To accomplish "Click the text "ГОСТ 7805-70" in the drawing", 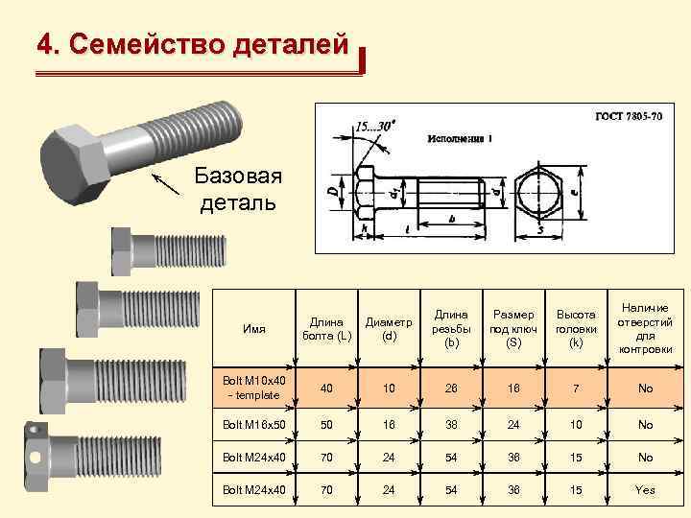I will point(629,116).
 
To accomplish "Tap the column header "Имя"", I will point(254,328).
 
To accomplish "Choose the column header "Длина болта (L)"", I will point(326,328).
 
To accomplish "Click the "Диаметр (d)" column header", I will point(389,328).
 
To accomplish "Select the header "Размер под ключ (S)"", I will point(513,328).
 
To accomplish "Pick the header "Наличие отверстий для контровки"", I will point(645,328).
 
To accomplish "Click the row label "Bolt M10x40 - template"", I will point(254,388).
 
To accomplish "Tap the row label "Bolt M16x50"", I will point(254,424).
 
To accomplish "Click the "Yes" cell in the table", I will point(645,490).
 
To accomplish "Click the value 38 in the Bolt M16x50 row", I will point(452,424).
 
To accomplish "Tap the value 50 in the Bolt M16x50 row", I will point(326,424).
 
